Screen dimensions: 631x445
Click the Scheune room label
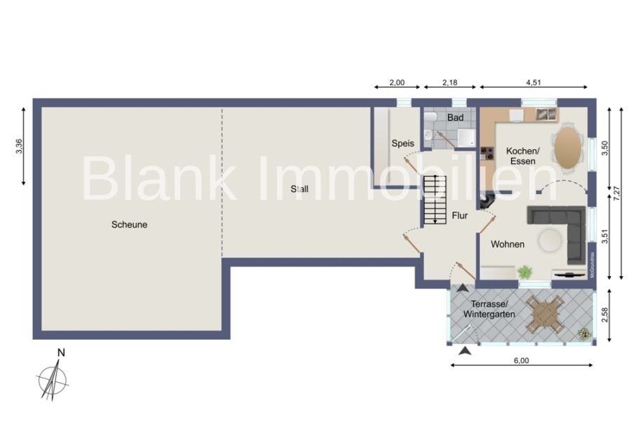point(129,224)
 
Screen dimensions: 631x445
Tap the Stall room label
point(299,189)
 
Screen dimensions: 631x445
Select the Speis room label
point(403,143)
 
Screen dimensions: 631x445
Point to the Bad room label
point(455,118)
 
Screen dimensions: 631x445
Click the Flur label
point(459,216)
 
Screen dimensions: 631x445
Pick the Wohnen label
point(508,245)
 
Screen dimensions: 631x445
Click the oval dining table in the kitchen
point(568,148)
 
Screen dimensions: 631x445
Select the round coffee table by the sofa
point(550,240)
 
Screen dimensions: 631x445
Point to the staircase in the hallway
point(435,200)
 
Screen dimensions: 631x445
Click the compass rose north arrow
point(53,379)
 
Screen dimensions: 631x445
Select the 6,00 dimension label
point(521,360)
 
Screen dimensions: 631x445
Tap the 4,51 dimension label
point(534,83)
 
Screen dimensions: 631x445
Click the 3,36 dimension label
point(20,146)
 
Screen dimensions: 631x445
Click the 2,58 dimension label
point(604,315)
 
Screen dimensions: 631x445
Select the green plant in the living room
point(524,273)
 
